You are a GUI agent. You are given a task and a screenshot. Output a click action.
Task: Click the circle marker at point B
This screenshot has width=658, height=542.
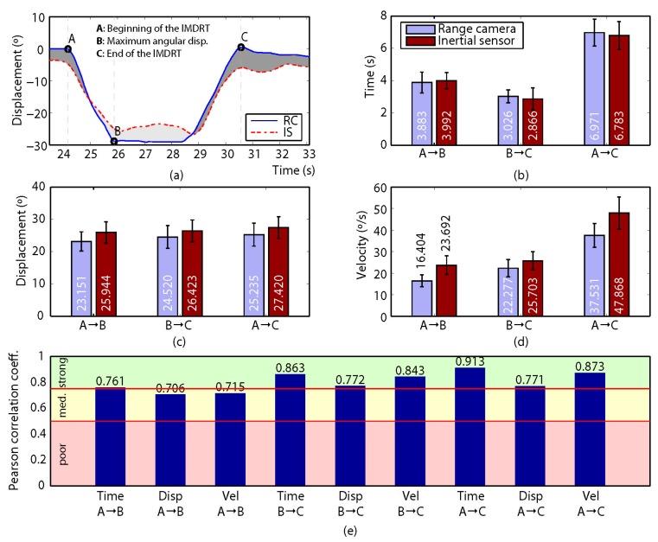pyautogui.click(x=114, y=142)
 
